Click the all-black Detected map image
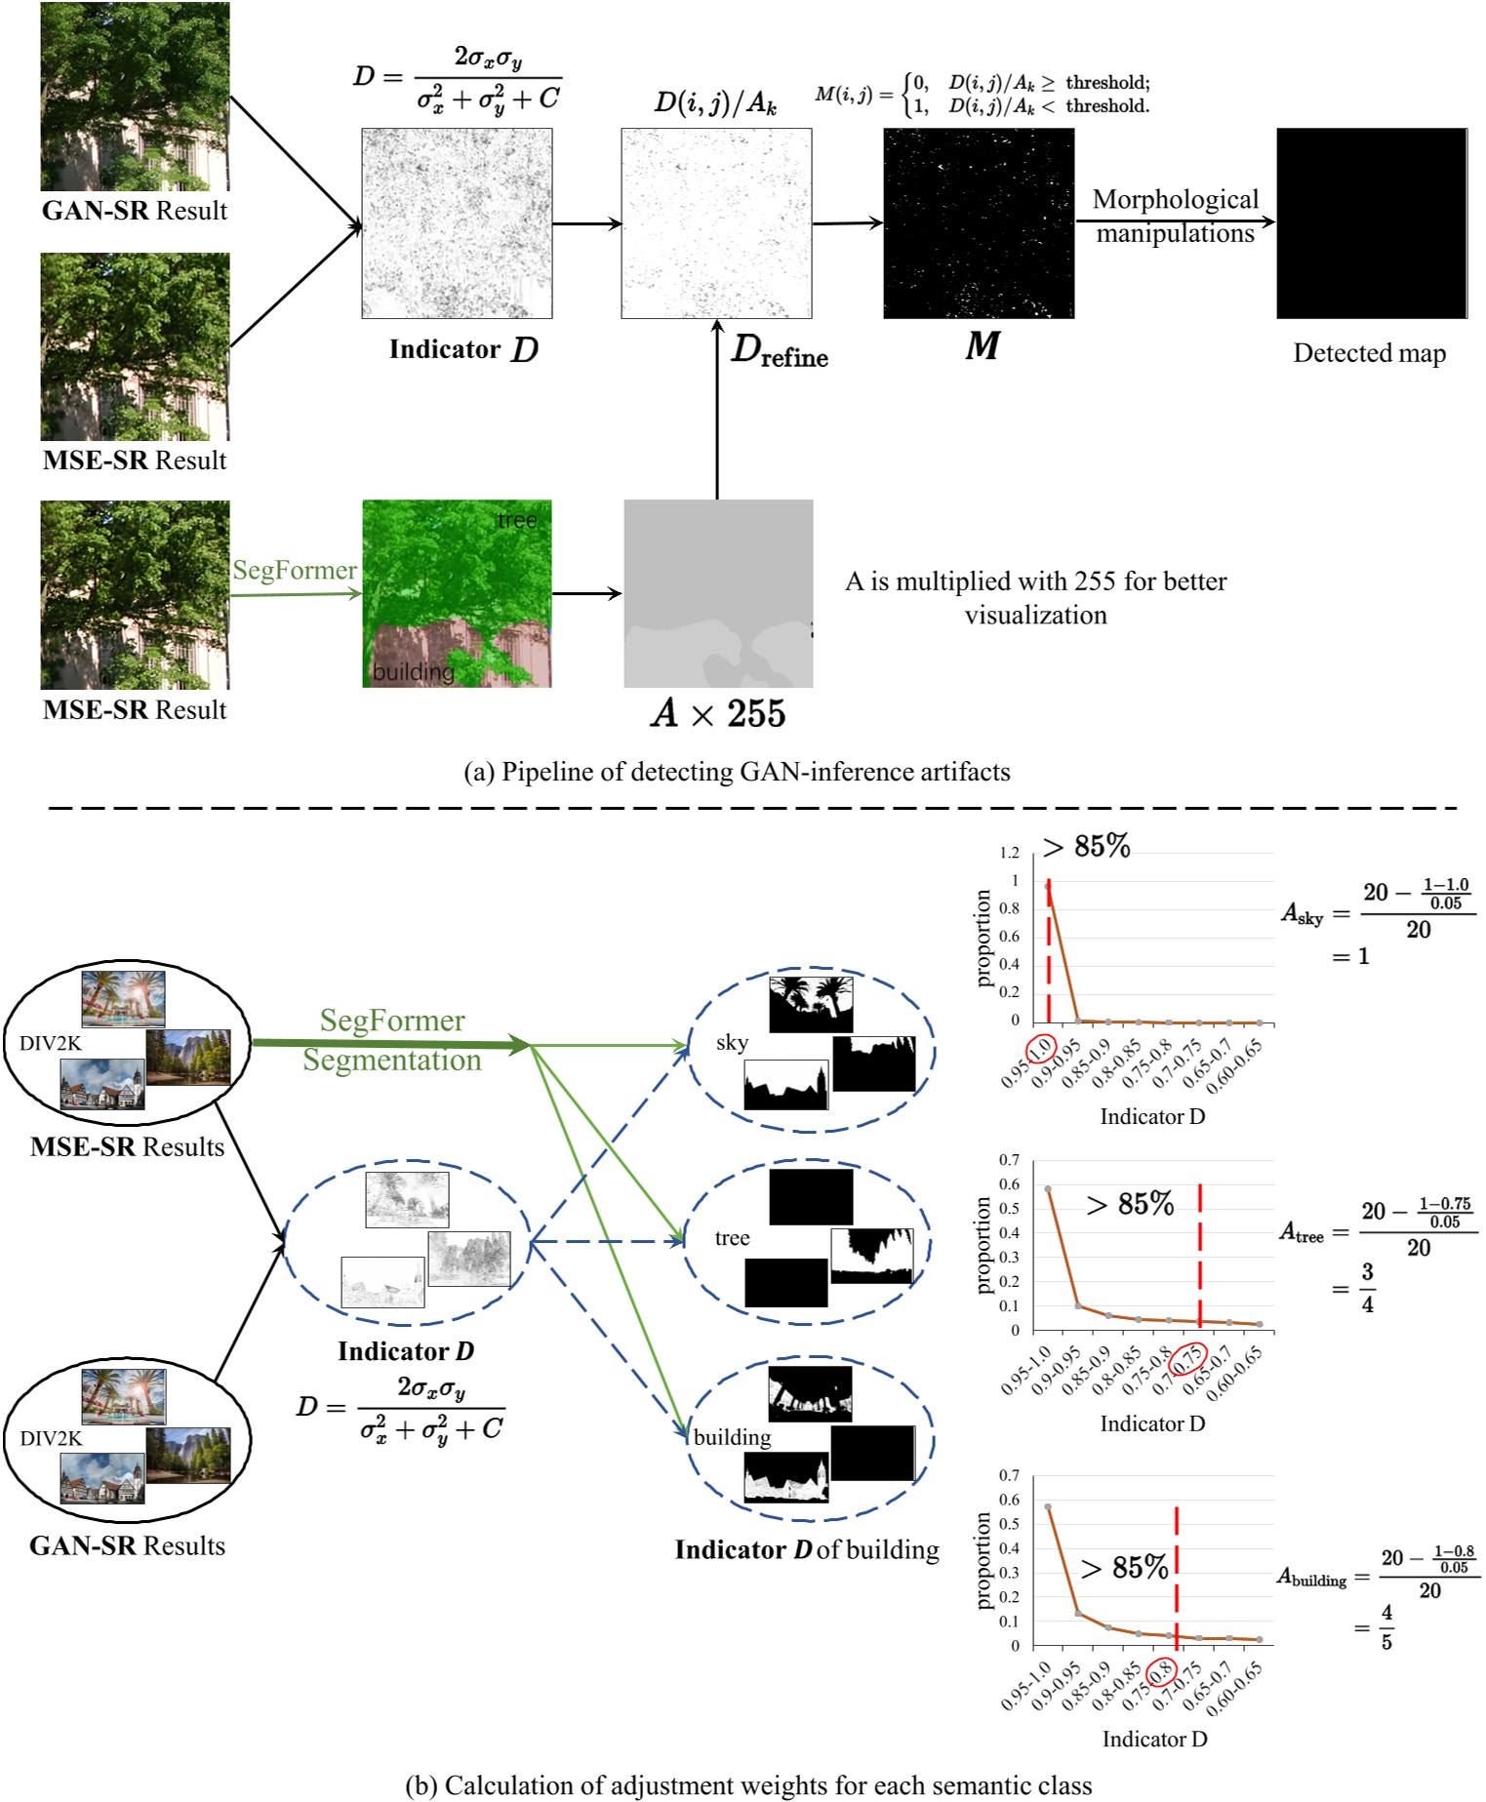tap(1371, 223)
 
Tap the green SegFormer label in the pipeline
tap(294, 571)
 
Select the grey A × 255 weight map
tap(718, 594)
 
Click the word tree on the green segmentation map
tap(517, 520)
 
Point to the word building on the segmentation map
tap(413, 672)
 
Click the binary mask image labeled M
tap(979, 223)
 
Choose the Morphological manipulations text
tap(1175, 217)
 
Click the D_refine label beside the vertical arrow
tap(779, 350)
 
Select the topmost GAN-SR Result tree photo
tap(135, 97)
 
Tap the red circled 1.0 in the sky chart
tap(1042, 1048)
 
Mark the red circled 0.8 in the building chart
tap(1161, 1672)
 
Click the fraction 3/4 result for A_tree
tap(1367, 1288)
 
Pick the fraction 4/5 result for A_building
tap(1386, 1627)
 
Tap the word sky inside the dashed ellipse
tap(732, 1043)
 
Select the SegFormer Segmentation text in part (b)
tap(392, 1040)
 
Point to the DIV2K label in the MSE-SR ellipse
tap(51, 1044)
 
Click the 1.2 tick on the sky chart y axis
tap(1009, 853)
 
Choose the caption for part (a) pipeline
tap(737, 772)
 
